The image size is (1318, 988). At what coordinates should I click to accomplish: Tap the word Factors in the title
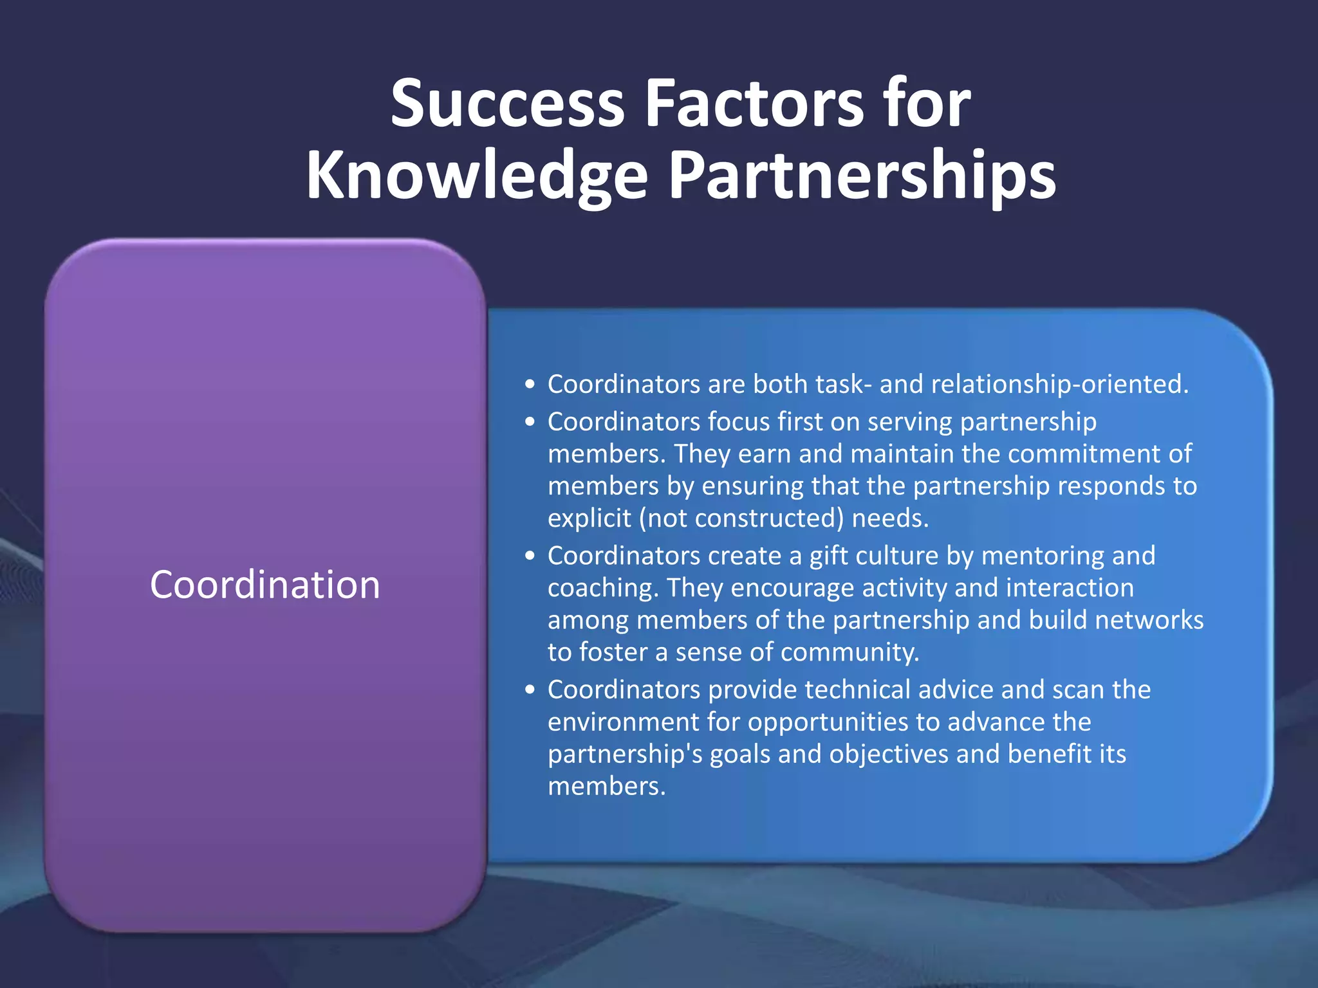pyautogui.click(x=754, y=104)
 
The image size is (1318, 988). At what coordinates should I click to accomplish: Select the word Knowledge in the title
pyautogui.click(x=477, y=176)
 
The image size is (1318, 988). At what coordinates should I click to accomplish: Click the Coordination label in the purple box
pyautogui.click(x=265, y=585)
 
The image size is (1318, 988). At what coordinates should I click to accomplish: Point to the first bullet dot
pyautogui.click(x=530, y=385)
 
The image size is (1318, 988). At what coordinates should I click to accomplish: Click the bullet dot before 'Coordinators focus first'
pyautogui.click(x=530, y=423)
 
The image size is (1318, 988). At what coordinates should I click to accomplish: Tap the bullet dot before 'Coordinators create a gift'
pyautogui.click(x=530, y=556)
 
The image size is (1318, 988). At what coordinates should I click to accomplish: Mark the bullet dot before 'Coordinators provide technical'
pyautogui.click(x=530, y=690)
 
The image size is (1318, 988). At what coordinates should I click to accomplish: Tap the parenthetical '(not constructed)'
pyautogui.click(x=741, y=518)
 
